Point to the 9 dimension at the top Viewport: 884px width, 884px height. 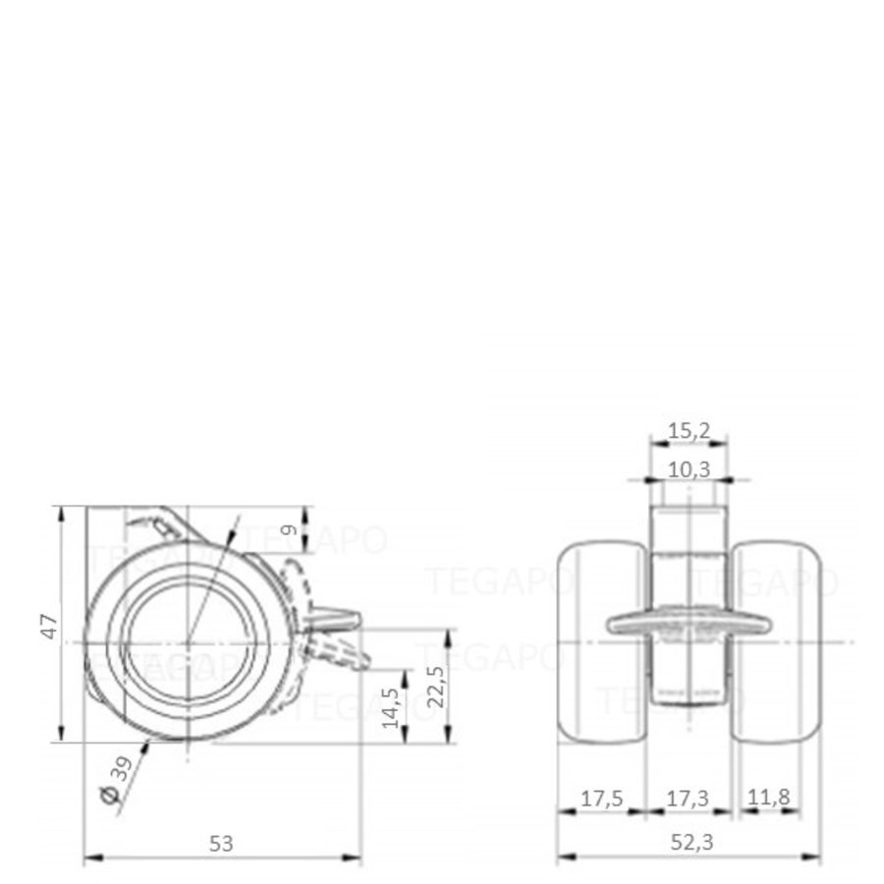[289, 530]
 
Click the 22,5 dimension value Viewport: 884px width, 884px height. [436, 687]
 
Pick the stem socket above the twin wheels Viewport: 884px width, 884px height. [689, 525]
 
